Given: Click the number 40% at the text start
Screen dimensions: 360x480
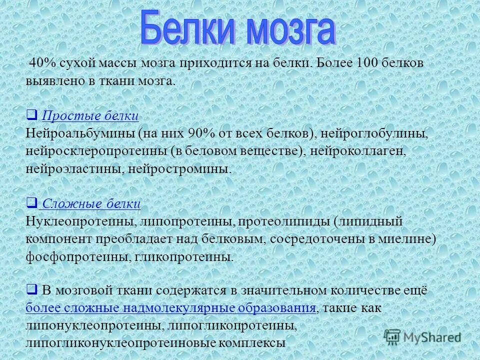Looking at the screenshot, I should click(41, 63).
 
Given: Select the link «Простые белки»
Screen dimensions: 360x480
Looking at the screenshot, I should click(90, 116).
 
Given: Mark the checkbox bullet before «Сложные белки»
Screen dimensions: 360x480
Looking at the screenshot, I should click(31, 203).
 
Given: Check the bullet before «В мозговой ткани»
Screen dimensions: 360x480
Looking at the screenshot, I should click(31, 289).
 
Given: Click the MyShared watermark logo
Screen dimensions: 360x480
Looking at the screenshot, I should click(422, 336).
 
